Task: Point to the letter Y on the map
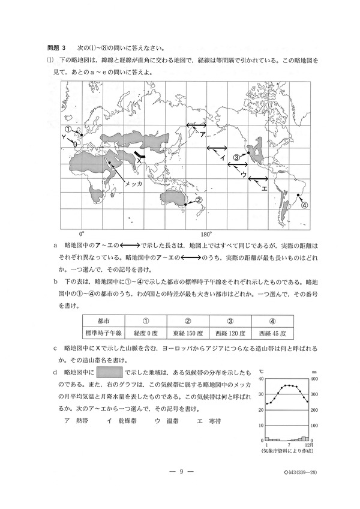click(64, 137)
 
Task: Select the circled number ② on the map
click(199, 201)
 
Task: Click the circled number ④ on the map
click(304, 204)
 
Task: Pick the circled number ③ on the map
click(237, 157)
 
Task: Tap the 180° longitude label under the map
click(206, 233)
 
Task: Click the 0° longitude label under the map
click(82, 233)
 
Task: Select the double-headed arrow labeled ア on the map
click(196, 125)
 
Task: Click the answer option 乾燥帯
click(118, 421)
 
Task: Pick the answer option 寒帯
click(210, 421)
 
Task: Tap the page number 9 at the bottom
click(180, 471)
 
